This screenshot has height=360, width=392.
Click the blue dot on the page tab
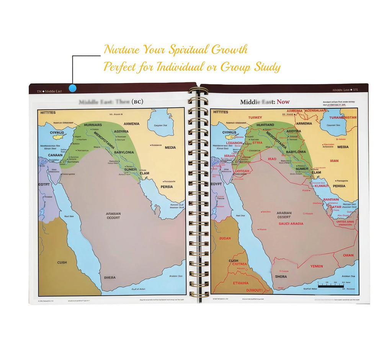72,88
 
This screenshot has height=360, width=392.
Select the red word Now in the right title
283,102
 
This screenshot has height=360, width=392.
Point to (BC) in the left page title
137,102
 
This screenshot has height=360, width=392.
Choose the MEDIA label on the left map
170,147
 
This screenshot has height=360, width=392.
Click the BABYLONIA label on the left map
124,152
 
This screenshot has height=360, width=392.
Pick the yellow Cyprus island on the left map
58,137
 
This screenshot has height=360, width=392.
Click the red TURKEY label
255,117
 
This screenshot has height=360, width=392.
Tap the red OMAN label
348,255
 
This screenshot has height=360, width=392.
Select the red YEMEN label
316,266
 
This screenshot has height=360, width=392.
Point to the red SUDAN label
225,238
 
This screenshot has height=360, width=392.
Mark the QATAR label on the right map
335,207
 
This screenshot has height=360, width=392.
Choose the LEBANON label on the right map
234,143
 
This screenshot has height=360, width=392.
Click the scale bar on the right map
331,285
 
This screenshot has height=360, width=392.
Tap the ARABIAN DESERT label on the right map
284,215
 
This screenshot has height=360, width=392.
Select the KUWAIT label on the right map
322,186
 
